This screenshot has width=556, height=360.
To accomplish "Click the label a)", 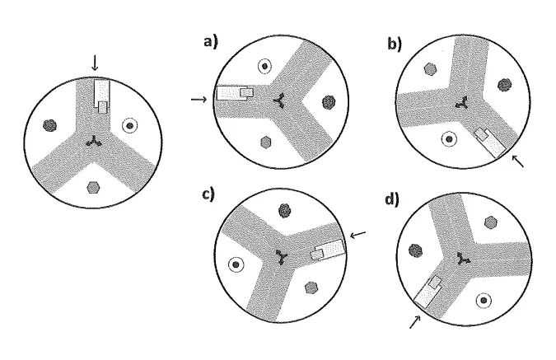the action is [211, 42].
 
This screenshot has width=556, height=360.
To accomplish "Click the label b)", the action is [395, 44].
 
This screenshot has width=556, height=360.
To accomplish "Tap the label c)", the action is [208, 194].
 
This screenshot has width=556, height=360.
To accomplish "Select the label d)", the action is [392, 200].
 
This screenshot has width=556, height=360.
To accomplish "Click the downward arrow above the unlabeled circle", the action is [95, 63].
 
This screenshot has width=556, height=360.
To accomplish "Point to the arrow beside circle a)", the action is [199, 100].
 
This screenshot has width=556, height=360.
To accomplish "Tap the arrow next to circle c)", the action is [357, 234].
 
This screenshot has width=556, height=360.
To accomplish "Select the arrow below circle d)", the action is [415, 321].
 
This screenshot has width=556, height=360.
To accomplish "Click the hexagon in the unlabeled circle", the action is [93, 187].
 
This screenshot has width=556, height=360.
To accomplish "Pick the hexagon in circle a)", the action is [265, 143].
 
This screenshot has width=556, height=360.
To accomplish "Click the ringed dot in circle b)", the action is [449, 139].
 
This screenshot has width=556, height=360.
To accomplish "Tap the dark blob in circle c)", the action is [284, 211].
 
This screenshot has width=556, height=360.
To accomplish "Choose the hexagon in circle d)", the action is [490, 222].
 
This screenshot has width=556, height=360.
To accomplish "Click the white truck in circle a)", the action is [235, 93].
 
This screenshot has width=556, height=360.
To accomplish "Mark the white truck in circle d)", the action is [428, 292].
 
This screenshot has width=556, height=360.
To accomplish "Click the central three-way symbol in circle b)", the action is [461, 103].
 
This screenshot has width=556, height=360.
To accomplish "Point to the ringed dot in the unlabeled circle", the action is [130, 125].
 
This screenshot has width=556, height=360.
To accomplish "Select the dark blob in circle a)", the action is [329, 102].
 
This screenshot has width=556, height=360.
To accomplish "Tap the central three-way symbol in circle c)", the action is [282, 256].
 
